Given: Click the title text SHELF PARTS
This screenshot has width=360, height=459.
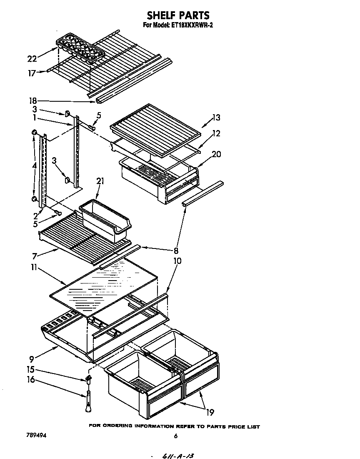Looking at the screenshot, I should click(178, 15).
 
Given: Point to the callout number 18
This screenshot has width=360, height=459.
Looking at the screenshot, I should click(33, 100).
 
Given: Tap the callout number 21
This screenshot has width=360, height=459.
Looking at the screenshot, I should click(100, 181).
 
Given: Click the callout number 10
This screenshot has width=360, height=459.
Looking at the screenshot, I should click(177, 261).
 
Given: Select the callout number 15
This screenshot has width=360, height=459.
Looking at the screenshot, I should click(31, 369).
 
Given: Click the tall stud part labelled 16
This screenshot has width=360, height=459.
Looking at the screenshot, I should click(88, 403).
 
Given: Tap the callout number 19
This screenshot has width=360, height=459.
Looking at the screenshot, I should click(210, 412).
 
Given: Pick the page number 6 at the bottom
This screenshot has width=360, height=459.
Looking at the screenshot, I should click(176, 436).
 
